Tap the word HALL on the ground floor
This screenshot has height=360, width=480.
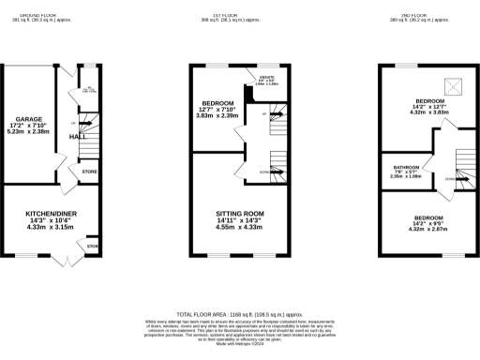[x=78, y=137]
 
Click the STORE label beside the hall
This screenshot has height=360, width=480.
[x=89, y=172]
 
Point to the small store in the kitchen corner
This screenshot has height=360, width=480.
[x=92, y=247]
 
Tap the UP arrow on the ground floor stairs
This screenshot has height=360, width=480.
[x=74, y=123]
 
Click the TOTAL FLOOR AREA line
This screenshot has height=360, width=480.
[x=239, y=313]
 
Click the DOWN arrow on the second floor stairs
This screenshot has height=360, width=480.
[x=451, y=177]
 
